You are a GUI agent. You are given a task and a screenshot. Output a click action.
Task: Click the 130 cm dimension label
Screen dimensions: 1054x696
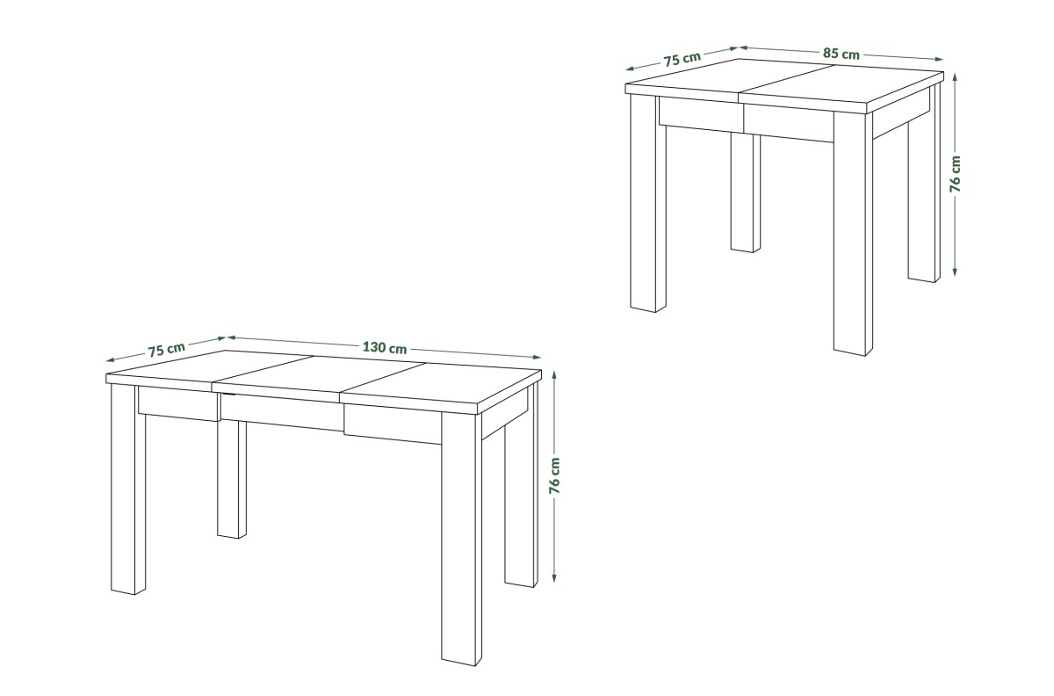click(x=385, y=347)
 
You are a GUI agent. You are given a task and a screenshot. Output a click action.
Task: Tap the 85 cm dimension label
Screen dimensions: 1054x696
click(x=841, y=54)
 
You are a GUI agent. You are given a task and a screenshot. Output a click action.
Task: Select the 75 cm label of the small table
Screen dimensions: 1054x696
click(x=682, y=59)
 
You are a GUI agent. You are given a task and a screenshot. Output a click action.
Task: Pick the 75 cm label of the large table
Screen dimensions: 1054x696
click(x=167, y=350)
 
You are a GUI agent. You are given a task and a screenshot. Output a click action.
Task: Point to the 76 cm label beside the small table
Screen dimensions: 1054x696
click(x=956, y=174)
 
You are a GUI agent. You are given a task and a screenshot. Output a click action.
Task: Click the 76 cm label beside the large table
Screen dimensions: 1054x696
click(x=555, y=475)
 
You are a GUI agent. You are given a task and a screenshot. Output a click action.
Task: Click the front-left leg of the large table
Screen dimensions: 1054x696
click(x=128, y=489)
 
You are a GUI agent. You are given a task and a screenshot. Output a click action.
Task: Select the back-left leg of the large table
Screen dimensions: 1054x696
click(x=232, y=479)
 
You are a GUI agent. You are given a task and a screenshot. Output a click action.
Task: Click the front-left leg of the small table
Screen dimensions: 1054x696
click(x=648, y=203)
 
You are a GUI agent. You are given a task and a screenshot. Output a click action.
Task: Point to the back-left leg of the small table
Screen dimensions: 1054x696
click(x=746, y=193)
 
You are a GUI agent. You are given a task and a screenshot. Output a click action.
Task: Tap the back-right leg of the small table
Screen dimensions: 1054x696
click(x=924, y=184)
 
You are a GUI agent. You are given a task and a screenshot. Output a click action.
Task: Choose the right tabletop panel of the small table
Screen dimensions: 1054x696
click(x=842, y=87)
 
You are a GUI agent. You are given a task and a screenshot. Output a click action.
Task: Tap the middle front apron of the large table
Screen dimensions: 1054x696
click(x=282, y=412)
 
